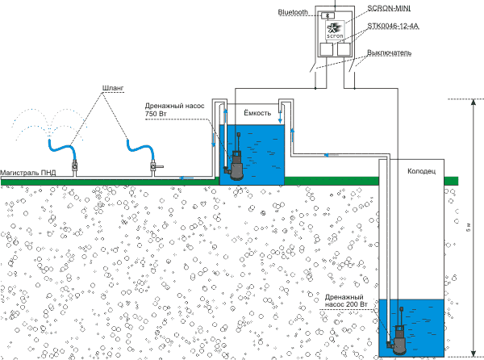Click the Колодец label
pos(422,171)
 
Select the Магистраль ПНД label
pos(28,172)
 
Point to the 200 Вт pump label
pos(348,305)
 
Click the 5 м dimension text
pos(469,230)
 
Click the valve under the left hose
pos(74,169)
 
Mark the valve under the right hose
pos(151,169)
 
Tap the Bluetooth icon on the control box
pos(328,15)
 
